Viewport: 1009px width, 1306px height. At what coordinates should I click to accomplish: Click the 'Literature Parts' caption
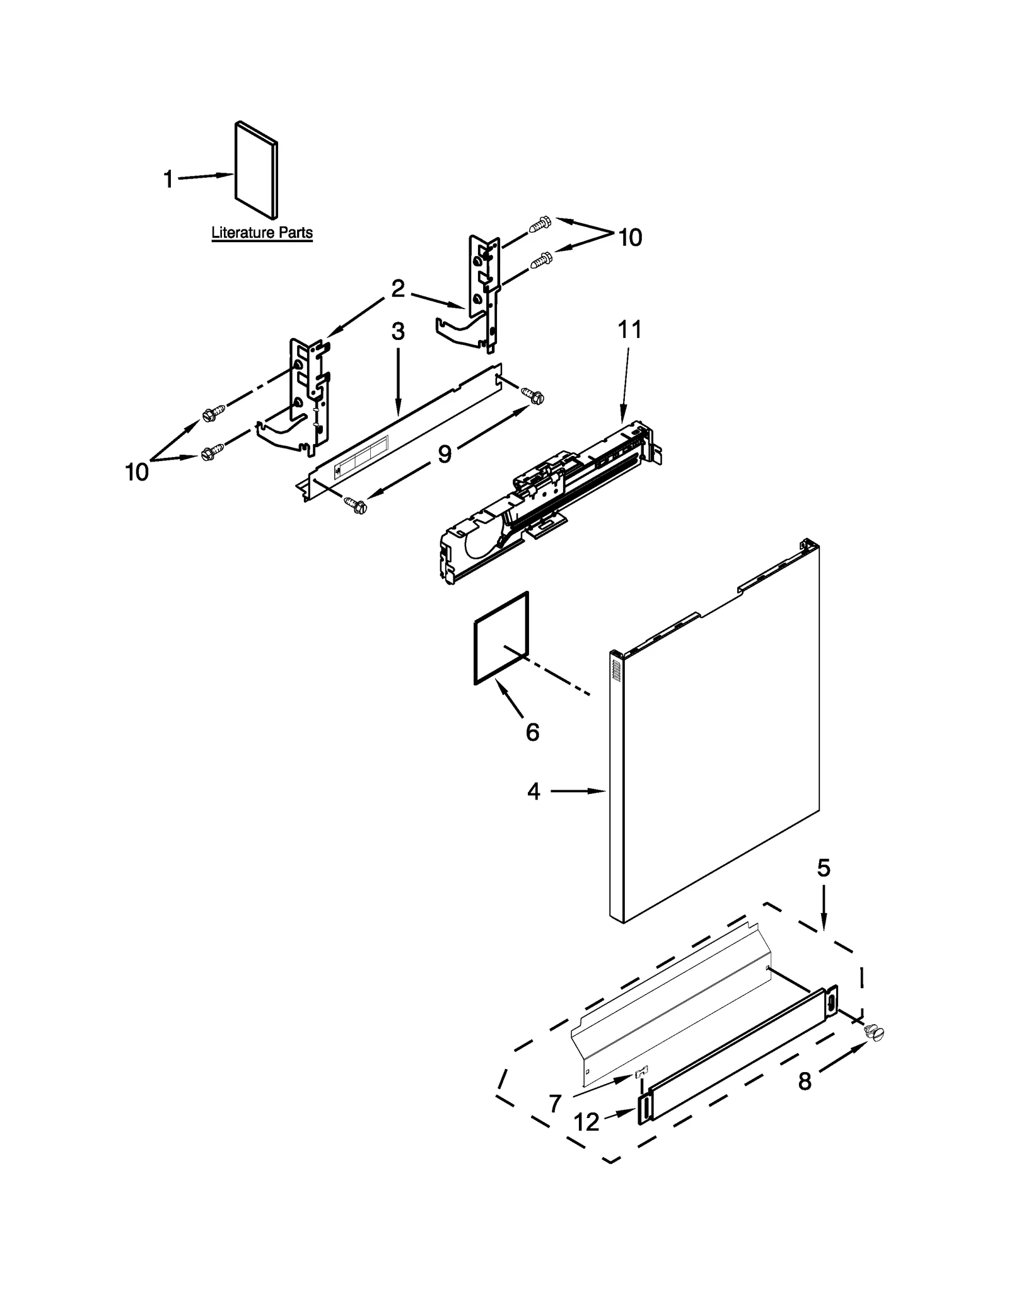coord(262,233)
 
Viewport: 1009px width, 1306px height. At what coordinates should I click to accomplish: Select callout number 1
coord(168,180)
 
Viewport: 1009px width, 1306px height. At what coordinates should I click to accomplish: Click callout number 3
coord(398,332)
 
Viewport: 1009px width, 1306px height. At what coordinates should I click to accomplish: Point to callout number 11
coord(629,329)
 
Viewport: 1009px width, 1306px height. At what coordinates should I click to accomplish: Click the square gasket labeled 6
coord(501,638)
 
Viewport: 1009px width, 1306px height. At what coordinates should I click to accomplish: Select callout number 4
coord(534,791)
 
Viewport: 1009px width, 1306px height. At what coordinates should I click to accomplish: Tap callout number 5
coord(824,869)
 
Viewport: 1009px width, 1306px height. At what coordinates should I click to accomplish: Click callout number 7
coord(555,1103)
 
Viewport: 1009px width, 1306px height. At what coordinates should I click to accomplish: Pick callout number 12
coord(587,1122)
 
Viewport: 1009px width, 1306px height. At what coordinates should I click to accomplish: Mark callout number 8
coord(805,1082)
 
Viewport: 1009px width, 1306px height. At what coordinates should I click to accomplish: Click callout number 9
coord(445,453)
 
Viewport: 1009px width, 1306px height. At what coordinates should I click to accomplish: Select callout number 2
coord(398,289)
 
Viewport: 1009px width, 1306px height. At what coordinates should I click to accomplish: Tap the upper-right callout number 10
coord(629,238)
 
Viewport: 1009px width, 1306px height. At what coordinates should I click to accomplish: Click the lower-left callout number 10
coord(137,472)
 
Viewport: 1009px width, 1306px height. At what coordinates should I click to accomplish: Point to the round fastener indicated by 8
coord(875,1032)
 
